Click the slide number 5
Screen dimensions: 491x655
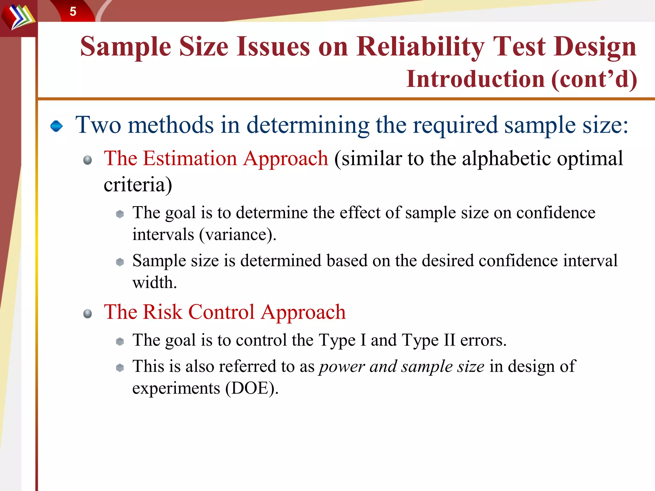[x=73, y=12]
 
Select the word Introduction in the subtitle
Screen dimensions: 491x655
[x=475, y=79]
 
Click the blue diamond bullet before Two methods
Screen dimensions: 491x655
[x=57, y=126]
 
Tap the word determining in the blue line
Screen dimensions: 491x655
[x=308, y=125]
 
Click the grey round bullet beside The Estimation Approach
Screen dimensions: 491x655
[x=87, y=160]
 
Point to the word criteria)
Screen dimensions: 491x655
[x=138, y=185]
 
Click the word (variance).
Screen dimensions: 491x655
[x=237, y=235]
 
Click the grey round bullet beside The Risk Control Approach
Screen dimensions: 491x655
[x=87, y=314]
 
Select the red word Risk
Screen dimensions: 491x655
[x=162, y=312]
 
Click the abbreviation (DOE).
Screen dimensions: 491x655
[x=252, y=389]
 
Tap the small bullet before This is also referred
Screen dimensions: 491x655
[x=120, y=368]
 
